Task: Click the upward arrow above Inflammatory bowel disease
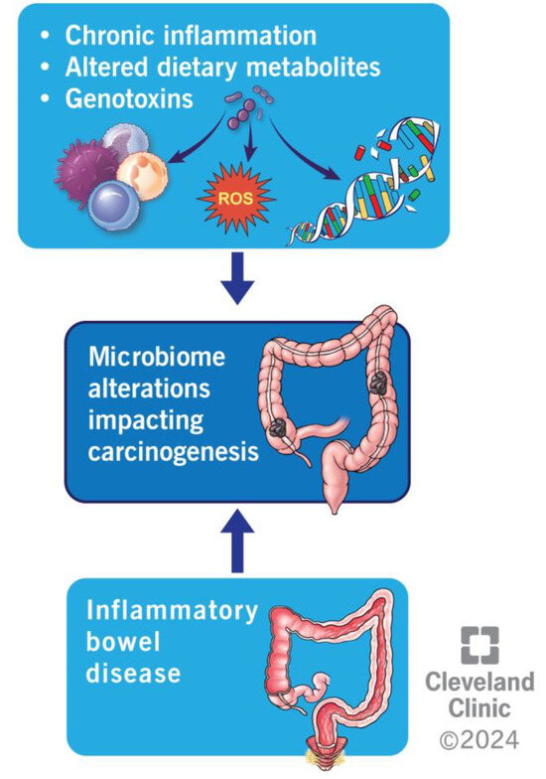(236, 542)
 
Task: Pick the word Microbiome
(155, 356)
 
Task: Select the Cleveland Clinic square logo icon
(480, 646)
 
